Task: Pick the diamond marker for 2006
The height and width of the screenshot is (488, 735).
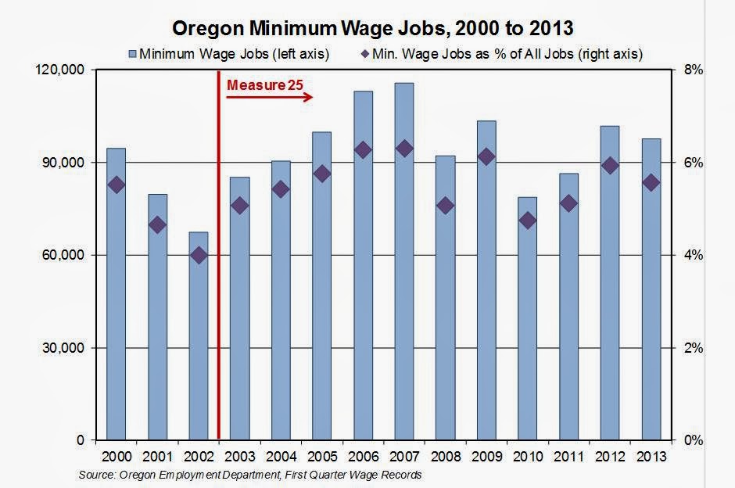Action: tap(363, 150)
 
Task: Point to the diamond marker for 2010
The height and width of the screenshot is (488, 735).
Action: tap(528, 221)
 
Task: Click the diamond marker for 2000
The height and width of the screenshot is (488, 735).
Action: tap(116, 185)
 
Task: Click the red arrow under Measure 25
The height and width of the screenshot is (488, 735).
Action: tap(270, 98)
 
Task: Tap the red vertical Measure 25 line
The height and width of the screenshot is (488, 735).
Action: tap(218, 274)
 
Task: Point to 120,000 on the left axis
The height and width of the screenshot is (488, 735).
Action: tap(61, 70)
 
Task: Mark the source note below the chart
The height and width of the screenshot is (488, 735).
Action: tap(250, 475)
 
